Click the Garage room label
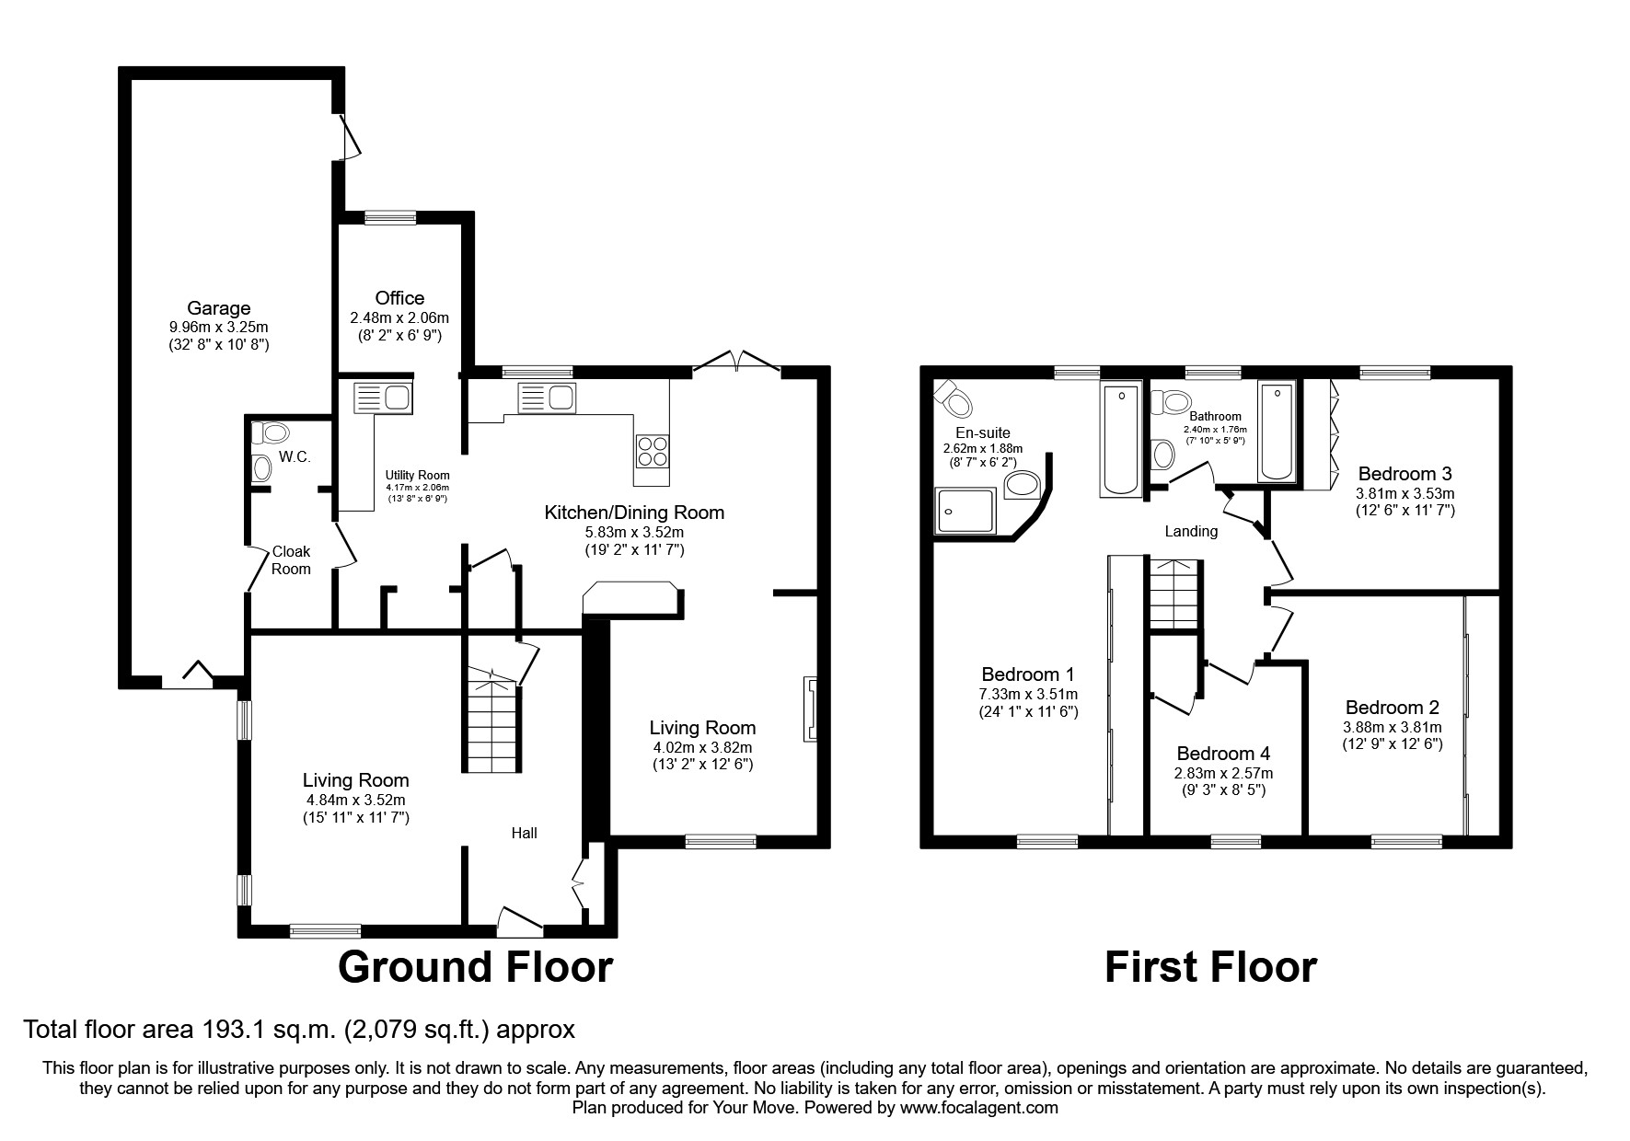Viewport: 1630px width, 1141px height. (218, 308)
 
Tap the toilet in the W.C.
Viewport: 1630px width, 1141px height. (274, 432)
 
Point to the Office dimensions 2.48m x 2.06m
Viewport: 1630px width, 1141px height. (399, 317)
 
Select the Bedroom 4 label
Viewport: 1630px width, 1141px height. (1223, 754)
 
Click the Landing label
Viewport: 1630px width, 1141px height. (1191, 531)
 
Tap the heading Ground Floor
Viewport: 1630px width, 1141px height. (475, 967)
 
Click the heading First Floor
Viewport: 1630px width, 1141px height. (1210, 967)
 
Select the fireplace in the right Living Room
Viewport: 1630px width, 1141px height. (810, 709)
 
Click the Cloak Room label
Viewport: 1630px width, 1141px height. (291, 559)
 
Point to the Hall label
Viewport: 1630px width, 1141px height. (525, 833)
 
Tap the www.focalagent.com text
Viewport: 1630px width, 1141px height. (978, 1108)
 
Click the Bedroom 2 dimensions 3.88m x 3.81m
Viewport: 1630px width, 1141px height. (1392, 726)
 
